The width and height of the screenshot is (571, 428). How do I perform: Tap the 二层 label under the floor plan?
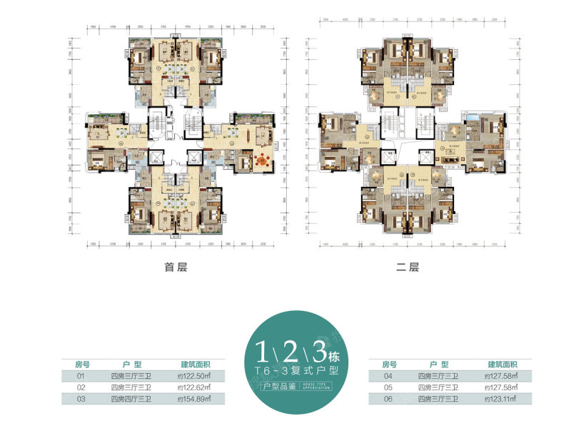[x=407, y=268]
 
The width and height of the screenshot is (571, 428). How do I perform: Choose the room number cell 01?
[x=81, y=374]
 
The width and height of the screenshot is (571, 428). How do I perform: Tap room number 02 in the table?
[x=81, y=387]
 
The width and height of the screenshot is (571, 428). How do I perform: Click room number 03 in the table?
[x=81, y=400]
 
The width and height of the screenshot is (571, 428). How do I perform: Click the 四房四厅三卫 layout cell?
[x=131, y=400]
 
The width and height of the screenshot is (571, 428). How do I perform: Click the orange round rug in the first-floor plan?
[x=262, y=163]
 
